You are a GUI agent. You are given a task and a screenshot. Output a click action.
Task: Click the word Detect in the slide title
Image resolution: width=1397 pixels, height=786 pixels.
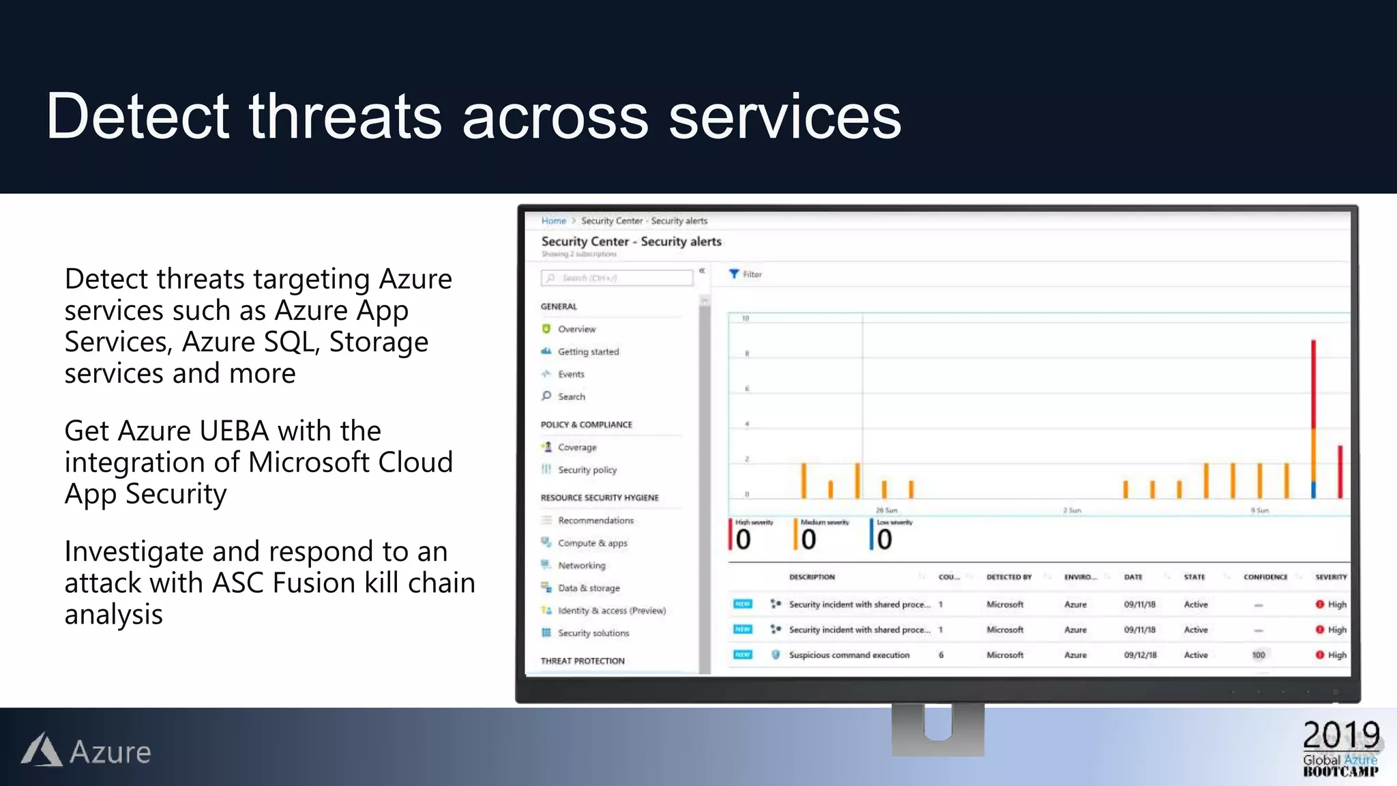(136, 117)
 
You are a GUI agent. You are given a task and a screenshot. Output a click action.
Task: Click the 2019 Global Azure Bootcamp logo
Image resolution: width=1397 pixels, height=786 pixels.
(1340, 748)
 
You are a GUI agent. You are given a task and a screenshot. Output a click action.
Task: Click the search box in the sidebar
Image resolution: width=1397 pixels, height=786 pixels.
(617, 278)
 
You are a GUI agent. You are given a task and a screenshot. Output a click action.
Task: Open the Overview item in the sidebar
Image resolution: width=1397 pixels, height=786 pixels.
(576, 329)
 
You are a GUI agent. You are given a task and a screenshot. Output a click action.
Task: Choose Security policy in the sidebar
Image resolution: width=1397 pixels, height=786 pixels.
(587, 470)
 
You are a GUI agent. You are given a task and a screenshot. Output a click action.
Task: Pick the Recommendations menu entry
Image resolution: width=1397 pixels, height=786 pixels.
(595, 521)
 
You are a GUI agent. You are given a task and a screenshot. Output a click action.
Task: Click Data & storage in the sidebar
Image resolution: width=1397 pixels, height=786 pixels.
(588, 588)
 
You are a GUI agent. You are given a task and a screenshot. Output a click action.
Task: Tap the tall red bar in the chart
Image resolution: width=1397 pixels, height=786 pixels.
(1313, 382)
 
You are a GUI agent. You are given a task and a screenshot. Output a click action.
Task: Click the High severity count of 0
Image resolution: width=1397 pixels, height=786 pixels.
(743, 539)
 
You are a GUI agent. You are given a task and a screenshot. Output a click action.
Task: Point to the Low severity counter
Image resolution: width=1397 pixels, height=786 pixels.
(885, 536)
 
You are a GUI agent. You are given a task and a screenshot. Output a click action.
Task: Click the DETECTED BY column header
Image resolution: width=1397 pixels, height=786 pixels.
(1008, 577)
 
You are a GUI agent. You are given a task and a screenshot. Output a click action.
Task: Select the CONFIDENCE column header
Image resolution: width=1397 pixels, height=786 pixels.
(1265, 577)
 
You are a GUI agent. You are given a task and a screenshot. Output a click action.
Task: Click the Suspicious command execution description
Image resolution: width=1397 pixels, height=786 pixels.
(849, 655)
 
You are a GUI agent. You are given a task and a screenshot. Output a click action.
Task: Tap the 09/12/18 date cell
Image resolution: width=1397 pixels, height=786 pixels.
(1140, 655)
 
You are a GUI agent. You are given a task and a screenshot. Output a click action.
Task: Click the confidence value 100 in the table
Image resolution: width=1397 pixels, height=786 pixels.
(1258, 655)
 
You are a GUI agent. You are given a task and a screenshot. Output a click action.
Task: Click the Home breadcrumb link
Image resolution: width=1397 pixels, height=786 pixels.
(553, 221)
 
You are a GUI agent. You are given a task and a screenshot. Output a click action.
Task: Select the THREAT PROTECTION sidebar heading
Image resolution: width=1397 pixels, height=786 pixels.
(582, 661)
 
